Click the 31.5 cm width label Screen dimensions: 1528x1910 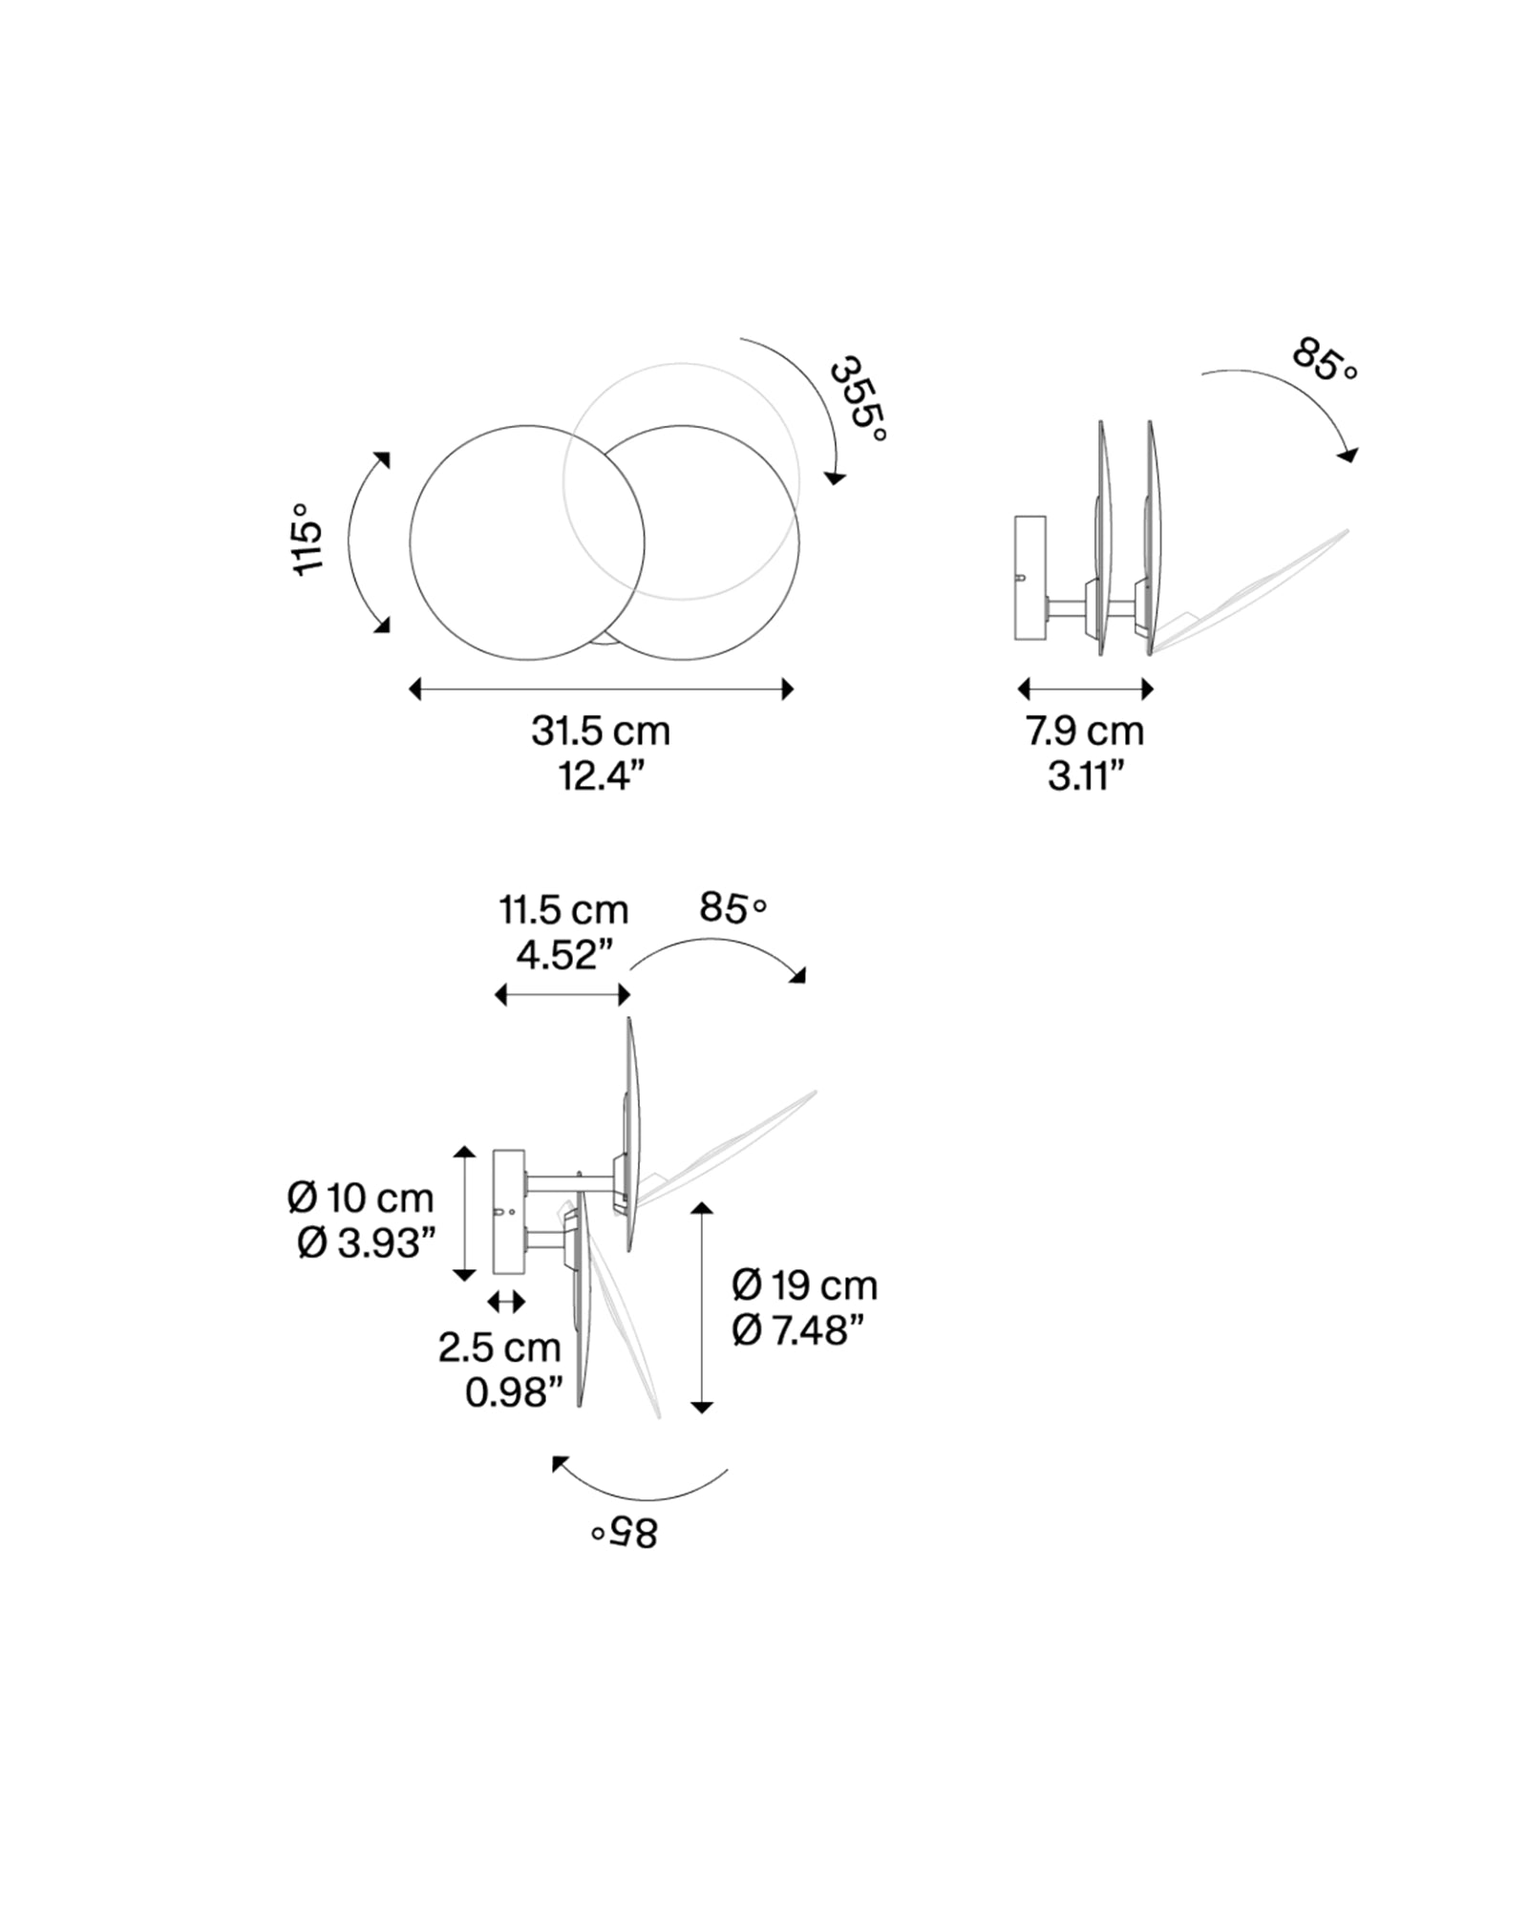point(601,732)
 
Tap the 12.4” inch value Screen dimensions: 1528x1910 point(602,777)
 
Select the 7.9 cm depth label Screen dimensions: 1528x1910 point(1085,732)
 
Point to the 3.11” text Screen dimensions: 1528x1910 point(1085,777)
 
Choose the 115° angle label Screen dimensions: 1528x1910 point(308,540)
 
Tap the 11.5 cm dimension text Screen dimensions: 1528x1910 point(563,910)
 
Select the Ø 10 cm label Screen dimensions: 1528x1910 point(360,1198)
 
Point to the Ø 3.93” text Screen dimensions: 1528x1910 point(367,1243)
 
